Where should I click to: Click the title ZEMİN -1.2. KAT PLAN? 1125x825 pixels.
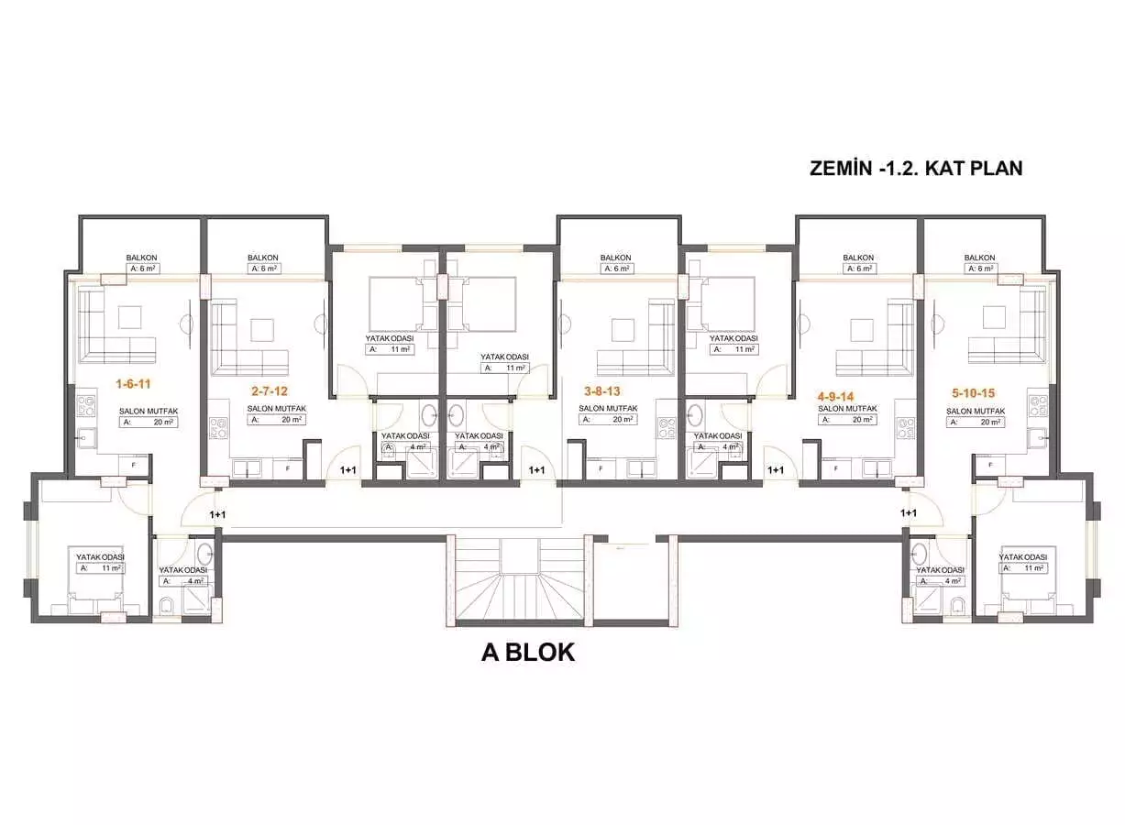(916, 169)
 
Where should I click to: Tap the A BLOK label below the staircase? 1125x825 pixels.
(528, 653)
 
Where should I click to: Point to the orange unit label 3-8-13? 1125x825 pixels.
(601, 390)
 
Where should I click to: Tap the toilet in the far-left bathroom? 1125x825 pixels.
(168, 605)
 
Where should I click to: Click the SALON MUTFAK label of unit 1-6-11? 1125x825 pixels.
(147, 412)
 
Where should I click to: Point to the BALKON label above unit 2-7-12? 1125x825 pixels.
(262, 258)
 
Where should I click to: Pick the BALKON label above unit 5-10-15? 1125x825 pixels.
(979, 258)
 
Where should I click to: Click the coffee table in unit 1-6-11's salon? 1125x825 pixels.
(127, 316)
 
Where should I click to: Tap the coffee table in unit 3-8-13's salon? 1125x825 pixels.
(624, 329)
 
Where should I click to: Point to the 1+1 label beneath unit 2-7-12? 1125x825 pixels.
(348, 470)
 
